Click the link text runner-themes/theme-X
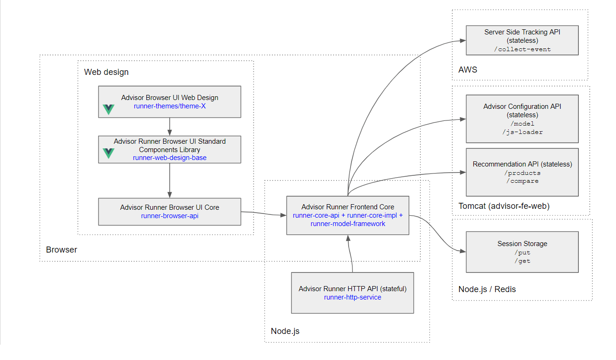169,106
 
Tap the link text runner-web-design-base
169,158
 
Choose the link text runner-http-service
352,297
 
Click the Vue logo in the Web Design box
108,110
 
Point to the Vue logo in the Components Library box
108,153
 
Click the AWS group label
468,70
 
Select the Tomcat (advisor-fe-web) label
504,206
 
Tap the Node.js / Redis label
487,289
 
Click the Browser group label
61,250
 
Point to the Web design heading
106,72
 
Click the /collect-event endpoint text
522,49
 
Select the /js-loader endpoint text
522,132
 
